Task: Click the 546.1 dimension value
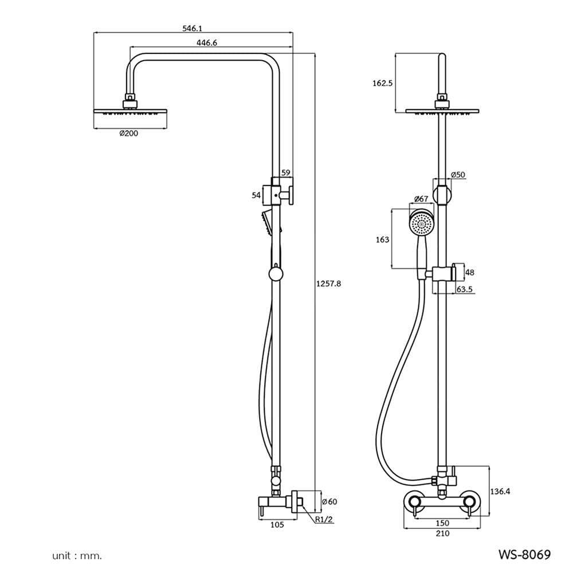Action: coord(192,28)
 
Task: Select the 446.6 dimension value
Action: coord(207,43)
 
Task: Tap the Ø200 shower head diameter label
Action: coord(128,134)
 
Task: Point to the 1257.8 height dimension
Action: coord(328,284)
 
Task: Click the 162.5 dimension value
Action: coord(382,83)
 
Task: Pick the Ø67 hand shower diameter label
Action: coord(421,199)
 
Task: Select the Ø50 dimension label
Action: coord(458,175)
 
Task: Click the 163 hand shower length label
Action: coord(382,240)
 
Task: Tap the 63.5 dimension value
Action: coord(465,289)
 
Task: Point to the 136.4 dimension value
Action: coord(500,492)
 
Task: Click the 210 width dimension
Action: coord(442,534)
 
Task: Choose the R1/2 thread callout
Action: coord(324,519)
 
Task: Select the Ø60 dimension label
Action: coord(329,502)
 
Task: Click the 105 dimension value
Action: coord(277,525)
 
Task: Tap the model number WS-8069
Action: coord(524,555)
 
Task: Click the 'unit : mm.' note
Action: coord(77,556)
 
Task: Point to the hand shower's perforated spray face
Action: coord(421,224)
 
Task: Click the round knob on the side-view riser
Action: coord(276,274)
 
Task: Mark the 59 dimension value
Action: coord(286,173)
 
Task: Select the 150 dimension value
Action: coord(442,523)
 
